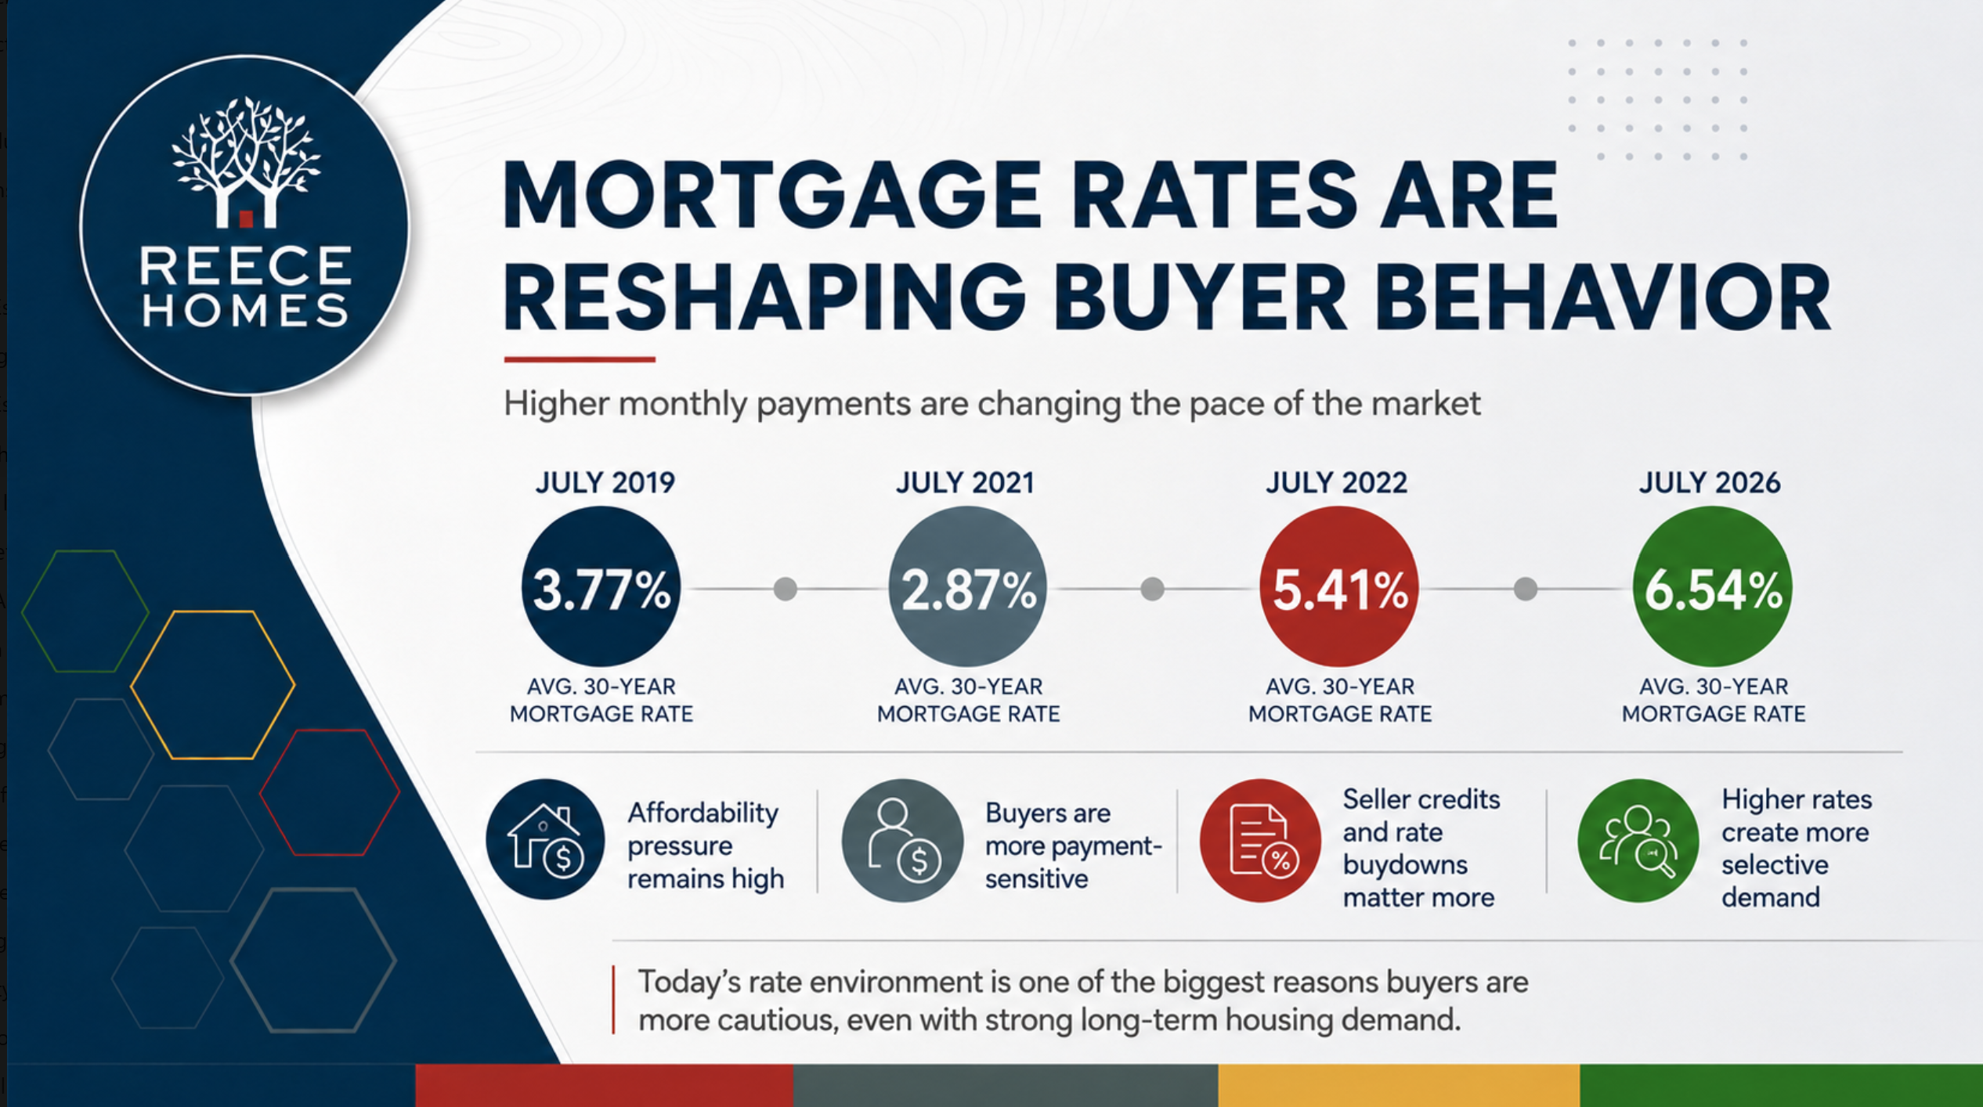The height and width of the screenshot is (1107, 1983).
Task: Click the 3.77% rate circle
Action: point(601,586)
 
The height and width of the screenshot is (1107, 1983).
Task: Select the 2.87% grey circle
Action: point(967,586)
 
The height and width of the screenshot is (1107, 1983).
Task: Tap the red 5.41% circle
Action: point(1339,586)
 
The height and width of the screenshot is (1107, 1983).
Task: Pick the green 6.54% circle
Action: point(1712,586)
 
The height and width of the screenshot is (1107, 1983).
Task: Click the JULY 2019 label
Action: point(605,482)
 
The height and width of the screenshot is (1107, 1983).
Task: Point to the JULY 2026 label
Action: point(1710,482)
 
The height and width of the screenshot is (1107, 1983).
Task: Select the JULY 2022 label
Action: point(1336,482)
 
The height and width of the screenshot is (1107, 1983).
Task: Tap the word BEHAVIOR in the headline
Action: point(1602,297)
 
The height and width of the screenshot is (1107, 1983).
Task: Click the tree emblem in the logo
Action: point(246,162)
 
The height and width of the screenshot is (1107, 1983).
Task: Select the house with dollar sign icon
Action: point(545,839)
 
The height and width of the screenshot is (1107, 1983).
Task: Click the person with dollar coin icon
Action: point(902,839)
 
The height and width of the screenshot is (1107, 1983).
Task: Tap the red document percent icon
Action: point(1260,839)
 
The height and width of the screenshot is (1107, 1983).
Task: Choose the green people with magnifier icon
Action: point(1638,839)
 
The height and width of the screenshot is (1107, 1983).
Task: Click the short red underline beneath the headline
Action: point(580,359)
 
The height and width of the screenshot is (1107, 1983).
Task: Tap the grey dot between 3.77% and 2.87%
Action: point(785,589)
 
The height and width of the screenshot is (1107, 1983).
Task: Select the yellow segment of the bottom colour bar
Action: point(1399,1085)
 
